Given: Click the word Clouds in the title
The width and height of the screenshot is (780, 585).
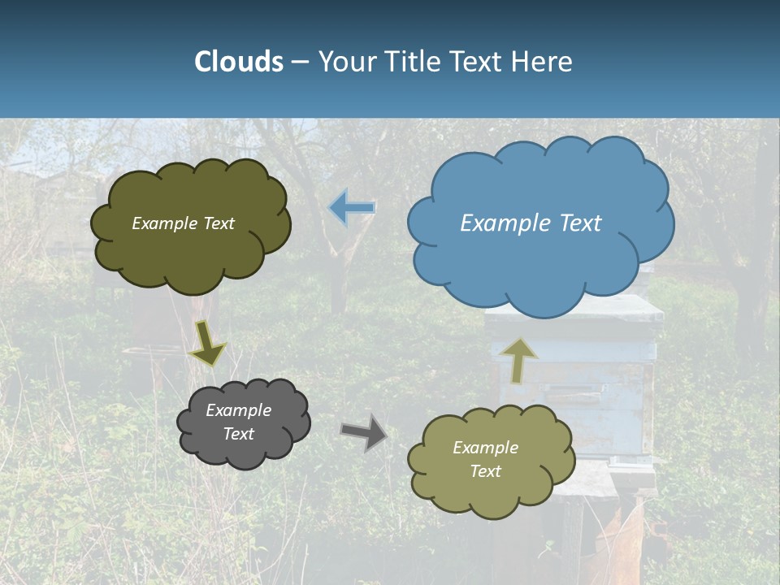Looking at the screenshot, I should click(x=239, y=62).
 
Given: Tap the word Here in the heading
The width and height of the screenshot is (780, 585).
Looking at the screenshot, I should click(x=544, y=62).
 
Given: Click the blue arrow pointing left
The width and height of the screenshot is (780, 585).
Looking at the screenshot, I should click(x=352, y=207).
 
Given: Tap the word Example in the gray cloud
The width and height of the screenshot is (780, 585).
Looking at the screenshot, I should click(x=238, y=410).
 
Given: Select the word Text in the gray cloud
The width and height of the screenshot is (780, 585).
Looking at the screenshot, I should click(x=238, y=434).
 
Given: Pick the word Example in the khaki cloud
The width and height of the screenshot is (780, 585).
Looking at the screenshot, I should click(x=485, y=448).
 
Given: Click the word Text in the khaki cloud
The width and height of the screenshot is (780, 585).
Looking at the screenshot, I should click(x=485, y=471).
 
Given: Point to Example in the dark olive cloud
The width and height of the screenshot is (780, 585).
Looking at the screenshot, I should click(x=163, y=223).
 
